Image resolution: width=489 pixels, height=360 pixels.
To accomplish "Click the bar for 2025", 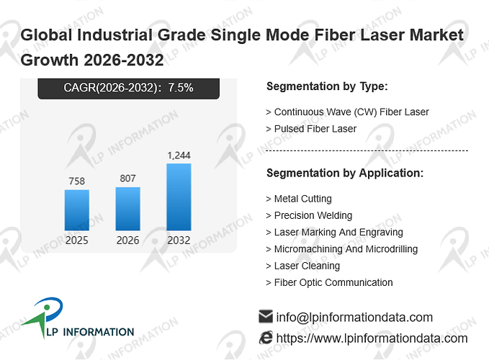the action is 77,210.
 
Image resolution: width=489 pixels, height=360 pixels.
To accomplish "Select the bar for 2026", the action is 128,209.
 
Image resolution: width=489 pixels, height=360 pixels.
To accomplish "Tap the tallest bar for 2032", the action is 179,197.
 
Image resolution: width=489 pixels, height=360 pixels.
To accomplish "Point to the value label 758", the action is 77,181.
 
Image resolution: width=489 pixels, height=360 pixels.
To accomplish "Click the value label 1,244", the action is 179,156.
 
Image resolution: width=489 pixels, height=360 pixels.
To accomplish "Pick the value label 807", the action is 128,179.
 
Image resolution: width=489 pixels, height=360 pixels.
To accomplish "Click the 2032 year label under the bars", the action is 179,240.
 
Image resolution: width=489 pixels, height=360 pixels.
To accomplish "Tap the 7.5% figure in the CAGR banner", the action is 181,88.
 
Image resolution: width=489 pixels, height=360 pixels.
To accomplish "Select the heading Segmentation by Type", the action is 327,86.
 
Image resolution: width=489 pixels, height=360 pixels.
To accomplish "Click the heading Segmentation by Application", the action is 345,173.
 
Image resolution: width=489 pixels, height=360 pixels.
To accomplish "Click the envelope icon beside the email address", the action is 266,316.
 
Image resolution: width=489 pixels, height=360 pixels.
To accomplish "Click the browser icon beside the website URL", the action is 266,338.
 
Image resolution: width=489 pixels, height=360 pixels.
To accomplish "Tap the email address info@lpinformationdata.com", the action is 354,318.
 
